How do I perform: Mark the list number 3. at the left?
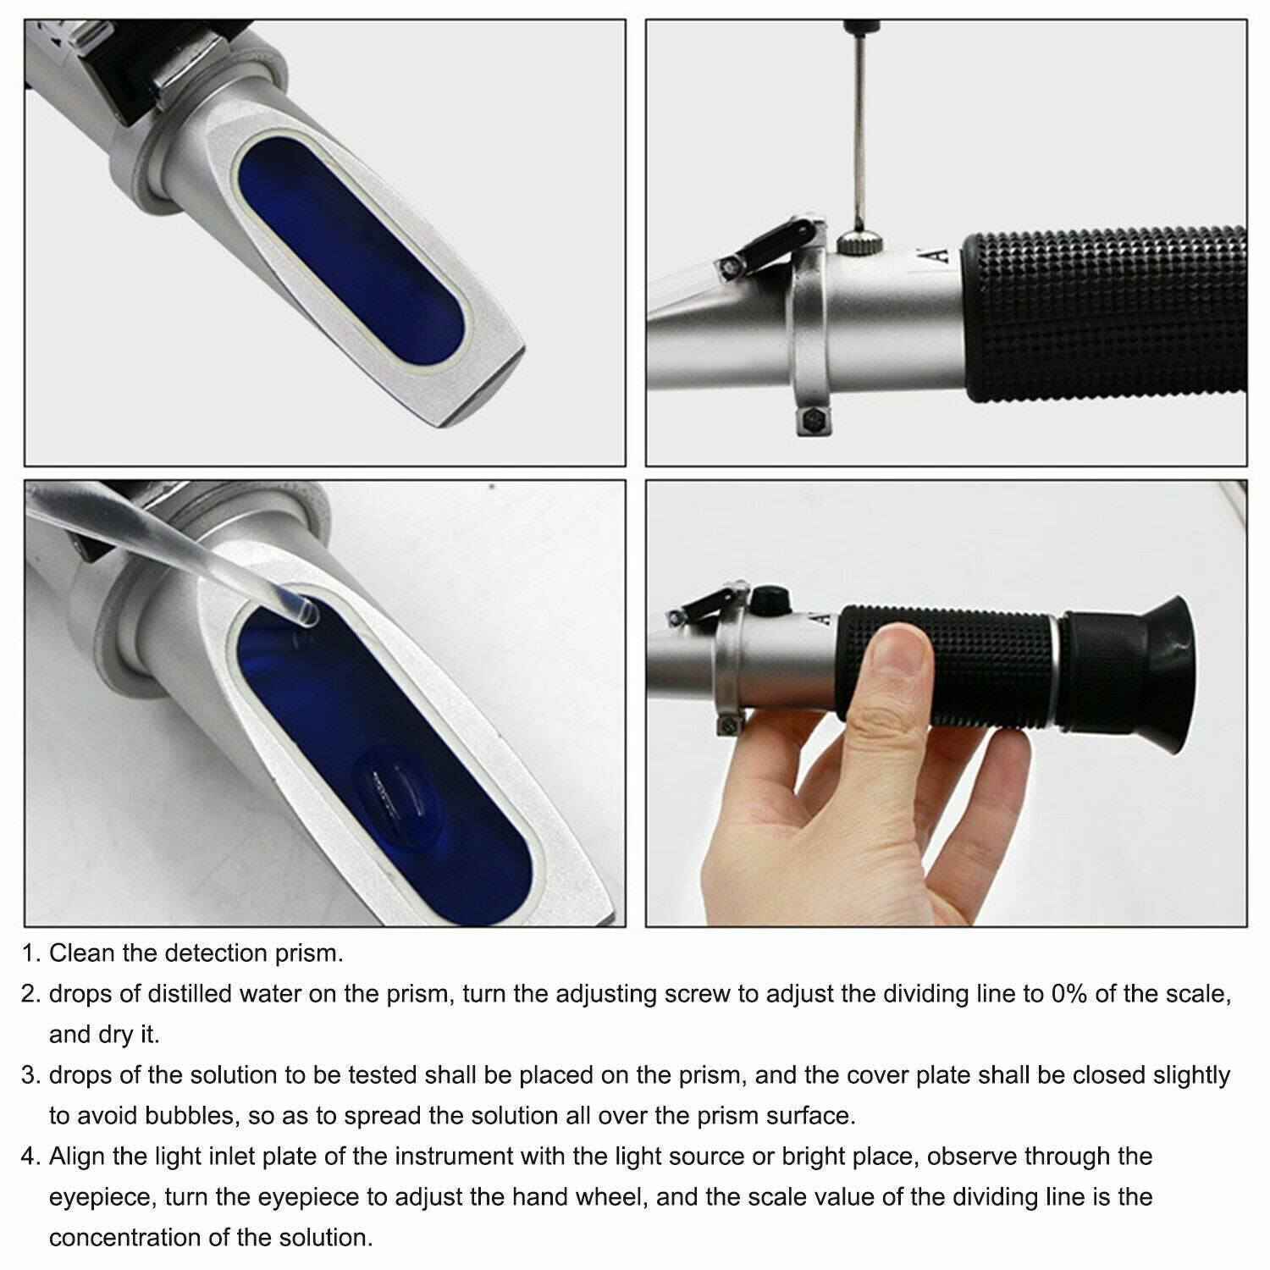31,1075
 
